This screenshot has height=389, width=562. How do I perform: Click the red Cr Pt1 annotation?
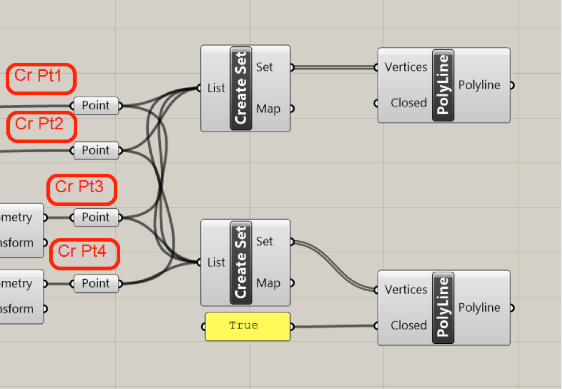pos(41,78)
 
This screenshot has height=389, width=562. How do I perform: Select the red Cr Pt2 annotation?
pos(41,126)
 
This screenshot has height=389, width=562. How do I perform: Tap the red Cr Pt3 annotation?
pos(81,189)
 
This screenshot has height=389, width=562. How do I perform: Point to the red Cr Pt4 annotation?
pos(84,254)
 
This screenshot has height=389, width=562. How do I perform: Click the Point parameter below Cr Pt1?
pos(96,106)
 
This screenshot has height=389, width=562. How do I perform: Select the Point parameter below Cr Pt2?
pos(96,150)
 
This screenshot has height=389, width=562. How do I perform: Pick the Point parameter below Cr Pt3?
pos(96,217)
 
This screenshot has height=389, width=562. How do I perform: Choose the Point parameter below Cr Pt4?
pos(96,283)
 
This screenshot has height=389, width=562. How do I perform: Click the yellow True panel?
pos(247,326)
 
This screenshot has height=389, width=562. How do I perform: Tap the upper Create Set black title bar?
pos(241,88)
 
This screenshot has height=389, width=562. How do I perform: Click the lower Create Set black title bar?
pos(241,263)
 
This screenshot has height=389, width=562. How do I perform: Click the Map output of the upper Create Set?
pos(268,109)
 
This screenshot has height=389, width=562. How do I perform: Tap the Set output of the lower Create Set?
pos(265,241)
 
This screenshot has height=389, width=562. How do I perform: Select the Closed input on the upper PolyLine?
pos(409,103)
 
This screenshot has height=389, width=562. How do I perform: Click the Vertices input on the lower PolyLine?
pos(406,289)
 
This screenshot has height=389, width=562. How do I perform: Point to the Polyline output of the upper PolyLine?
pos(480,85)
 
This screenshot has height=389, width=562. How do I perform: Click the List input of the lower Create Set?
pos(216,263)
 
